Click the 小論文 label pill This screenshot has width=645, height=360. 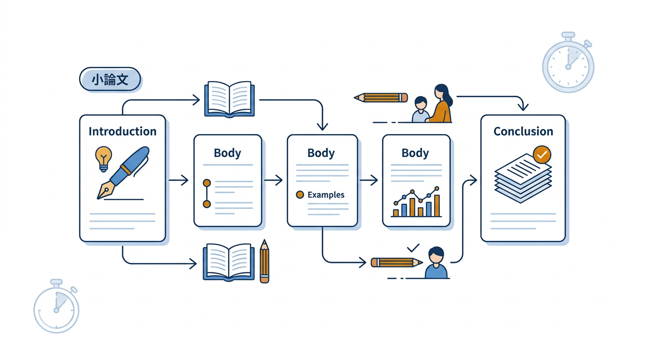click(110, 79)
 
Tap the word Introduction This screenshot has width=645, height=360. click(122, 131)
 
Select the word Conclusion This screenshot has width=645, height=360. click(523, 131)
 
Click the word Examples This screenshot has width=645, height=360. click(326, 195)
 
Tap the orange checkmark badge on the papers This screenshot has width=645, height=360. click(542, 154)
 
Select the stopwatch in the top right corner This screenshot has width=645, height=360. click(568, 63)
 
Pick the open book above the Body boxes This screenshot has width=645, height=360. click(229, 99)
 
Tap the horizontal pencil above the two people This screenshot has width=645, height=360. click(381, 97)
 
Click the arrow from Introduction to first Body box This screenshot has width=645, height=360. click(179, 180)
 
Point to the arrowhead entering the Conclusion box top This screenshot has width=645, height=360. click(523, 107)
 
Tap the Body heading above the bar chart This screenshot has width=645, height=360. click(415, 153)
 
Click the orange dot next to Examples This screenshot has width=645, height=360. click(300, 195)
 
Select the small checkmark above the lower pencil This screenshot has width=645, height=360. click(413, 247)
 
